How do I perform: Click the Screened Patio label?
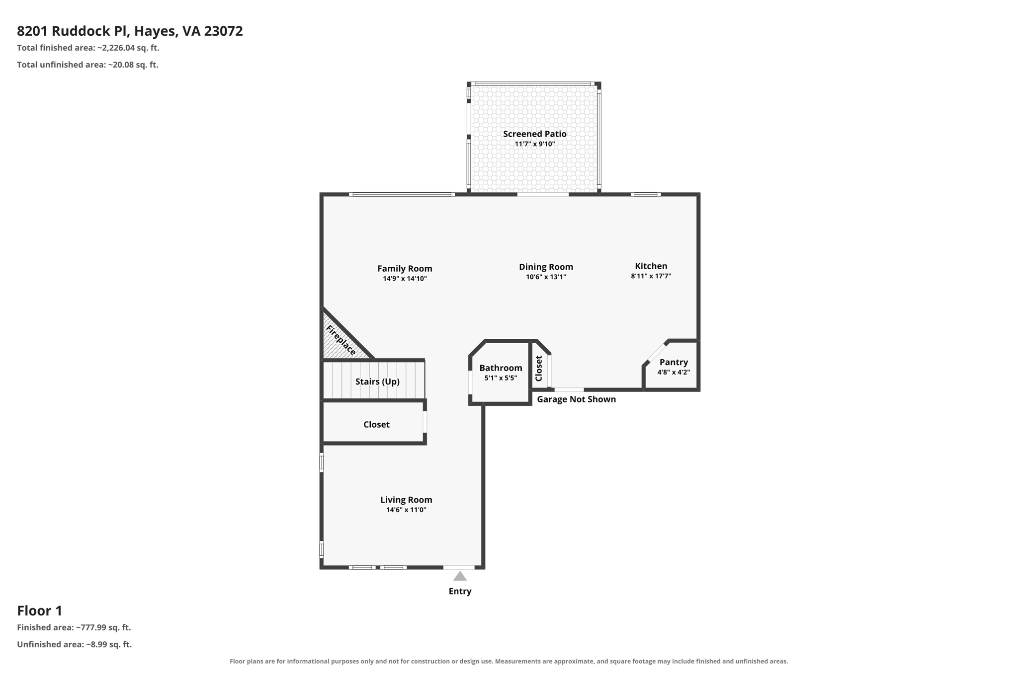pos(534,134)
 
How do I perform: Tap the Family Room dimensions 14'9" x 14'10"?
pos(405,279)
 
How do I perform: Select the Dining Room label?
pos(546,267)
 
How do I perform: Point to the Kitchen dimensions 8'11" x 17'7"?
pos(651,276)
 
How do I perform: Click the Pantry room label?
pos(674,362)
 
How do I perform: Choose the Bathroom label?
pos(501,368)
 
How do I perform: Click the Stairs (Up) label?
pos(377,381)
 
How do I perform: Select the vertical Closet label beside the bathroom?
pos(539,369)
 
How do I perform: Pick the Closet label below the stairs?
pos(376,424)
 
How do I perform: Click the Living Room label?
pos(406,500)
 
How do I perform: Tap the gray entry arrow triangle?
pos(460,576)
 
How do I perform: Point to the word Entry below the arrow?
pos(460,591)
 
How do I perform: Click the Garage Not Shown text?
pos(576,399)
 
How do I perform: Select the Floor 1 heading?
pos(40,610)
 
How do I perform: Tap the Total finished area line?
pos(88,48)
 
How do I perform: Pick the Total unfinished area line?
pos(87,65)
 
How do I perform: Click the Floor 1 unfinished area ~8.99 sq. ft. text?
pos(74,644)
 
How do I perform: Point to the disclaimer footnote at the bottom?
pos(509,661)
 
